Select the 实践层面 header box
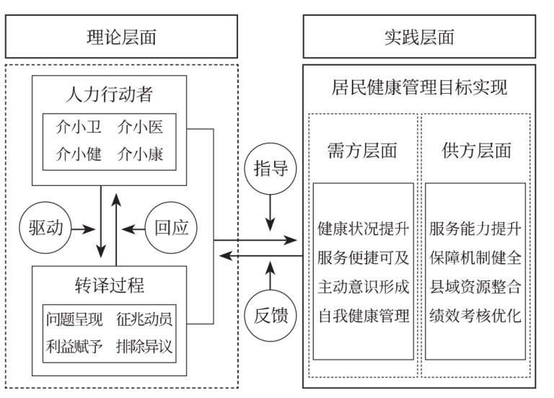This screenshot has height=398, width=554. [419, 36]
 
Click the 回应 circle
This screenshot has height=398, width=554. [171, 229]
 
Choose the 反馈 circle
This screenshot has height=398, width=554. [271, 314]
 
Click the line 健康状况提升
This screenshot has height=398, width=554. [364, 230]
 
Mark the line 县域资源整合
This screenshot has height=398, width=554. [475, 286]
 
